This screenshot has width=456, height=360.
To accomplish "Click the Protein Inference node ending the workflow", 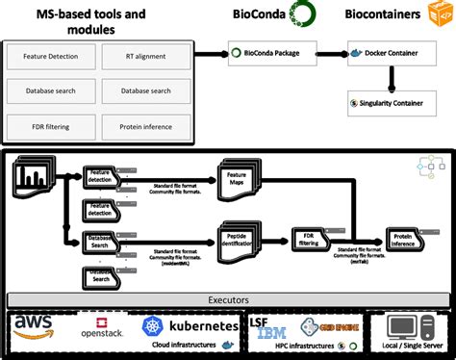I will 404,241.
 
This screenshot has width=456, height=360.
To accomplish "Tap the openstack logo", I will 102,331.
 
